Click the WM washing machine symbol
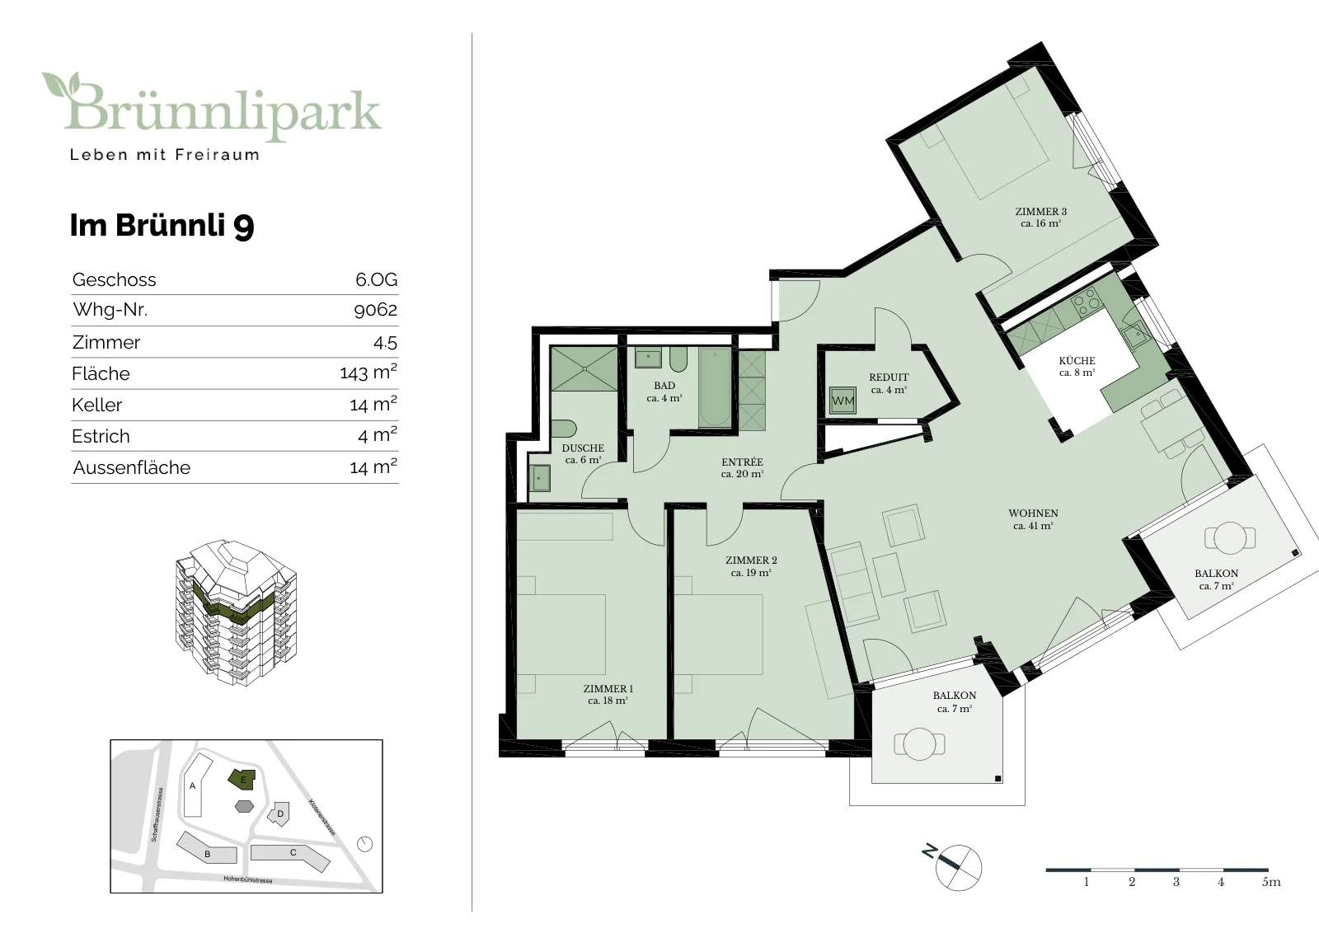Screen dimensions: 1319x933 [x=843, y=401]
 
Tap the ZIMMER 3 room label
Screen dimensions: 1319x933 [x=1040, y=211]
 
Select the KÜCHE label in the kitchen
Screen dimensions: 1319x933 [x=1077, y=361]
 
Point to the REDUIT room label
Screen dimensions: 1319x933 [x=890, y=377]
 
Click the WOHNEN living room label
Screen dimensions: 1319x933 [x=1034, y=513]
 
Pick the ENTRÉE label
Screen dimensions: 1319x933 [x=742, y=462]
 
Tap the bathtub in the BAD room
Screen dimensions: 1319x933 [x=715, y=387]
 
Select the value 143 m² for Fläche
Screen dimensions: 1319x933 [x=368, y=372]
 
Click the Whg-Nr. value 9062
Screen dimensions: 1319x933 [x=375, y=310]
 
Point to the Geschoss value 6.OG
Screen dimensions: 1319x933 [x=376, y=279]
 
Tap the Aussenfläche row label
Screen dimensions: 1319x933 [x=132, y=467]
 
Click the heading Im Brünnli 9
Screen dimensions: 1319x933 [x=162, y=226]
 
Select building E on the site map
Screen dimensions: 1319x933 [x=242, y=779]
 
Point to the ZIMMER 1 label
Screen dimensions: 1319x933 [x=608, y=688]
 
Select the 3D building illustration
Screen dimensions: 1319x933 [x=236, y=612]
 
